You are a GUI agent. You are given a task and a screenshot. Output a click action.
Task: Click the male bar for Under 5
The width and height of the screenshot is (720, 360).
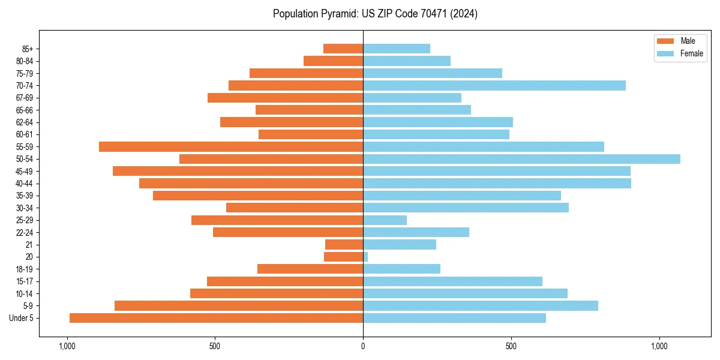click(216, 318)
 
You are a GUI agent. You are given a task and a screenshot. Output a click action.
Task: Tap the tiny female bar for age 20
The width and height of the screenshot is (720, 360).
click(365, 257)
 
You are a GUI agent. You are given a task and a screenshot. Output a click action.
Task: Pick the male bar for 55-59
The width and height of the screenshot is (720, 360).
click(231, 146)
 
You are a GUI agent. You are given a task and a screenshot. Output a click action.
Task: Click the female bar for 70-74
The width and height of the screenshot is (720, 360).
click(494, 85)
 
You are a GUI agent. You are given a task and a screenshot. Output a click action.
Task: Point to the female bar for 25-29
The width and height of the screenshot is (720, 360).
click(385, 220)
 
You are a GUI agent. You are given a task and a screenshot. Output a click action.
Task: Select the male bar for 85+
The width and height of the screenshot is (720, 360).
click(343, 49)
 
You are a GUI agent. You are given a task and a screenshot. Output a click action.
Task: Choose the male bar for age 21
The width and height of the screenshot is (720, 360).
click(344, 245)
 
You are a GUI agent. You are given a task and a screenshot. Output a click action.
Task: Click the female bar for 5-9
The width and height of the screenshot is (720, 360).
click(481, 306)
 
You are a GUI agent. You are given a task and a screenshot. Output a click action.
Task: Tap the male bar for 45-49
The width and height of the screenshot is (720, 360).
click(238, 171)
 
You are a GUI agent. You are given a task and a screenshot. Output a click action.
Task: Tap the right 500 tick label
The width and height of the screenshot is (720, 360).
click(511, 346)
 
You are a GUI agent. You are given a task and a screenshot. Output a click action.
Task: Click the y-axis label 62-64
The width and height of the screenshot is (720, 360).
click(25, 122)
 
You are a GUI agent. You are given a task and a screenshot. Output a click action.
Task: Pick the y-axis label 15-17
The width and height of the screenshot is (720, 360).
click(25, 281)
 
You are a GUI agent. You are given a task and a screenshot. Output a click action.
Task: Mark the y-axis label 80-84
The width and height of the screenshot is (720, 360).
click(25, 61)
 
